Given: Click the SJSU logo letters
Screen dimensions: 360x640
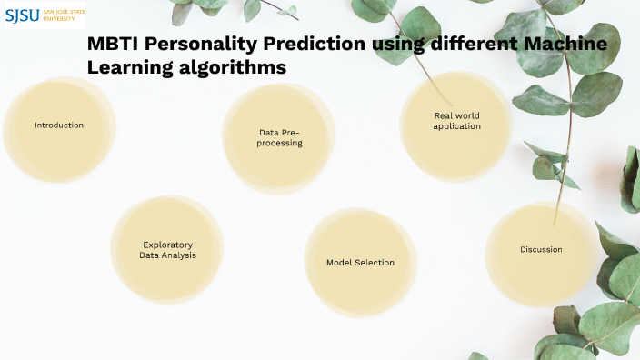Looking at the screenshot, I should pos(23,15).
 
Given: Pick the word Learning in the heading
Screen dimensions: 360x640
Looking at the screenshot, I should pos(125,67).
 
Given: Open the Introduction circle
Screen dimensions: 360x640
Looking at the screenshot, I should pos(59,125).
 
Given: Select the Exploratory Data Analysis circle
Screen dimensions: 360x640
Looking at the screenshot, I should pos(167,249).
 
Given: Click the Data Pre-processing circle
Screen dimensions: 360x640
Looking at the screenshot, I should pos(280,137).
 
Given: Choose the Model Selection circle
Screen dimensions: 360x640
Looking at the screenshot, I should pos(360,263).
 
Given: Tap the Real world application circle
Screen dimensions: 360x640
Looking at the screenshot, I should pos(456,121).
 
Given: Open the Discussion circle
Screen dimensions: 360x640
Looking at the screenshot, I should pos(541,249).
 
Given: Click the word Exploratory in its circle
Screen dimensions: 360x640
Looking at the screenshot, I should pos(167,244).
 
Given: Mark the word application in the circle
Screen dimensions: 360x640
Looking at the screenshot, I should pos(456,126).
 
